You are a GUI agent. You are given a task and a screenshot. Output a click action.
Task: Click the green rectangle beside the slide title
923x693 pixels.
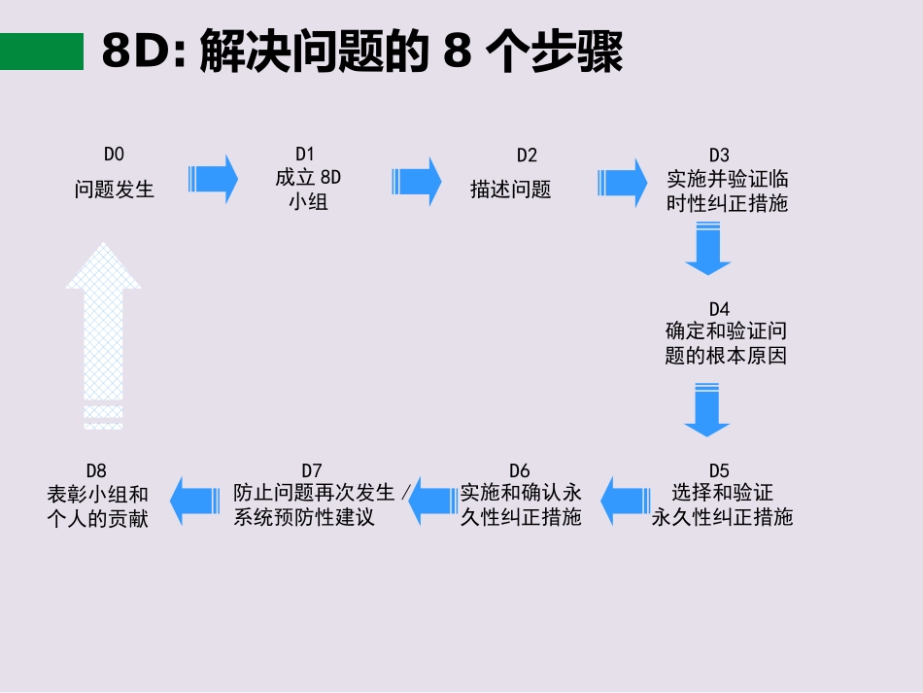(42, 52)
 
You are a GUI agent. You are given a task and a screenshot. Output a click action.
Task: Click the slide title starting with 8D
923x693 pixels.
(361, 52)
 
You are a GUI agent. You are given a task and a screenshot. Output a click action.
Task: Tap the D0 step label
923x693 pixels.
(115, 154)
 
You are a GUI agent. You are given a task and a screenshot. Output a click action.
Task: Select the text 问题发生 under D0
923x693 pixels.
(115, 190)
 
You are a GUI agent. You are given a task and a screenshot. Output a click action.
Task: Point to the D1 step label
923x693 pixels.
(305, 154)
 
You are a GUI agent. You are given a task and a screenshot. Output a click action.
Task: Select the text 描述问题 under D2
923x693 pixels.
(511, 190)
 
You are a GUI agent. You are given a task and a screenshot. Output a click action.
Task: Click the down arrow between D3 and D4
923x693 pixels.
(707, 249)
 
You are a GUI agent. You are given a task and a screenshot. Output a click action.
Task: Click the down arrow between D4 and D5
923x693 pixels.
(706, 409)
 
